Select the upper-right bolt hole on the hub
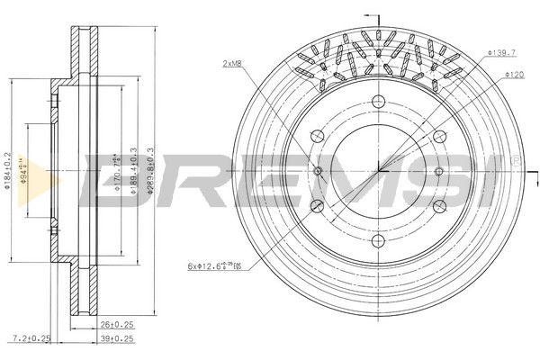(x=438, y=136)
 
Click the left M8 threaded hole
(x=317, y=170)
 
